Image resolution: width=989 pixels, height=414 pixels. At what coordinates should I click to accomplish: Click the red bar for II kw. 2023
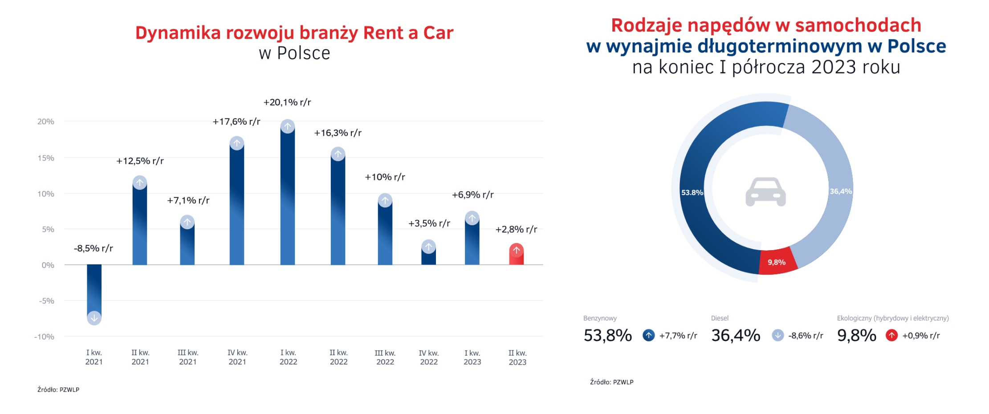click(516, 256)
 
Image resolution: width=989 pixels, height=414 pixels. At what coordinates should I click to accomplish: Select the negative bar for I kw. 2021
click(94, 289)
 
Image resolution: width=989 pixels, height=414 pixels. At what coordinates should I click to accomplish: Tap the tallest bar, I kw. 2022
click(288, 196)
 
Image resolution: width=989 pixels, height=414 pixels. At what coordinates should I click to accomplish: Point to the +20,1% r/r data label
click(287, 102)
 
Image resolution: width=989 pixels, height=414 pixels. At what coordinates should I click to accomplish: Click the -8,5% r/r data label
click(94, 248)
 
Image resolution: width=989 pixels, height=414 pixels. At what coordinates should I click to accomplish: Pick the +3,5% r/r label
click(429, 223)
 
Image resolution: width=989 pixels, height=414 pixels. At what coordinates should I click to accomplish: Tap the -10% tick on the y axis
click(44, 337)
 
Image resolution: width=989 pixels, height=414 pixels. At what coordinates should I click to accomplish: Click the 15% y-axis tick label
click(46, 158)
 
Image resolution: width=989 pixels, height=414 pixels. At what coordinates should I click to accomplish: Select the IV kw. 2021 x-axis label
click(237, 357)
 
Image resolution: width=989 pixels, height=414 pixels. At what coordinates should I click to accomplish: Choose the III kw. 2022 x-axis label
click(385, 357)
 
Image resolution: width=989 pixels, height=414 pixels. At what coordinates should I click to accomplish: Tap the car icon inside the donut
click(765, 192)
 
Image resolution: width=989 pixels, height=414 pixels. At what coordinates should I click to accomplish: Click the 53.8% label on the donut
click(692, 193)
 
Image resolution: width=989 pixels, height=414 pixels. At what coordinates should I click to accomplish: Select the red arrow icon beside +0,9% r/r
click(891, 335)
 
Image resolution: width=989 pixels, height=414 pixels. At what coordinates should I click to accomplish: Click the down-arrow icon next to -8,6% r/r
click(777, 335)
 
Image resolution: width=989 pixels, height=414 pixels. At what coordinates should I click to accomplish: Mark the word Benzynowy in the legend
click(600, 318)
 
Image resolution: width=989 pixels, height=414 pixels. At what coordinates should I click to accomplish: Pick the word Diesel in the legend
click(720, 318)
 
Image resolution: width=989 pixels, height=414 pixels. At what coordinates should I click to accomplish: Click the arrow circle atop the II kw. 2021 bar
click(140, 183)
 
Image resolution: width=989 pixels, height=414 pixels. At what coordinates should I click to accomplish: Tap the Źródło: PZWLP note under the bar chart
click(58, 390)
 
